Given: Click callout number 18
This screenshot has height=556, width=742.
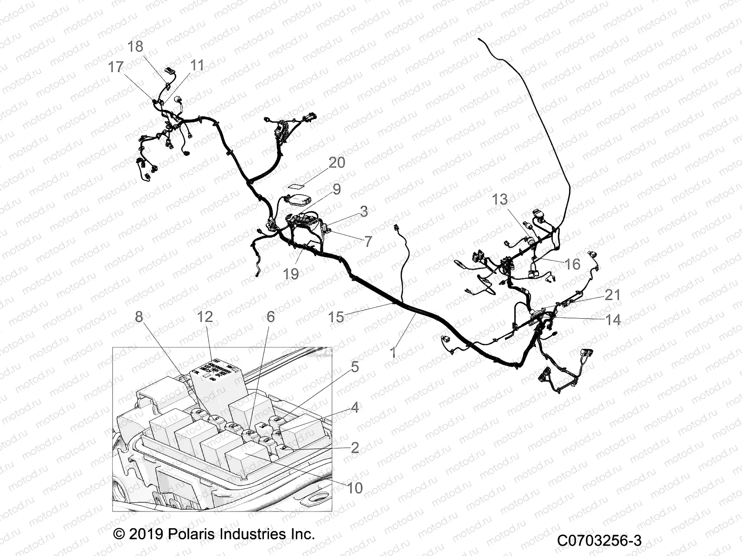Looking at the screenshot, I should (135, 47).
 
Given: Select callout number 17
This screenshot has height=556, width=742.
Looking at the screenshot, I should (116, 67).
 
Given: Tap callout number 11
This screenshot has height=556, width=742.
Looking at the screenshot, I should (198, 65).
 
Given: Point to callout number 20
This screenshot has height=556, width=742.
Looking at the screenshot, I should (337, 163).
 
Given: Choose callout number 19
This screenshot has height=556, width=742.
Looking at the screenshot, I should (291, 274).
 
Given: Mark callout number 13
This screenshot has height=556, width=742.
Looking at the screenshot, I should (499, 200).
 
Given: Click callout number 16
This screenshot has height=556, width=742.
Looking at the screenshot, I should (573, 264).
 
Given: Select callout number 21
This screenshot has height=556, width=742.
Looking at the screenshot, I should (613, 295).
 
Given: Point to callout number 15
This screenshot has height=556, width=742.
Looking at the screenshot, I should (336, 317).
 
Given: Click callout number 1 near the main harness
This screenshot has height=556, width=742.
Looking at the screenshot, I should (393, 353).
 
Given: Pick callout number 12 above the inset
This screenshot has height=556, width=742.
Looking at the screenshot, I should (205, 317).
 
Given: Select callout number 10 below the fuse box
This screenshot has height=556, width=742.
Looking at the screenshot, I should (355, 488).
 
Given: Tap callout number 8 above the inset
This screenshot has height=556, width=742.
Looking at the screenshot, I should (139, 317).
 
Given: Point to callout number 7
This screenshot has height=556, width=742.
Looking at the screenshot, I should (368, 241).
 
